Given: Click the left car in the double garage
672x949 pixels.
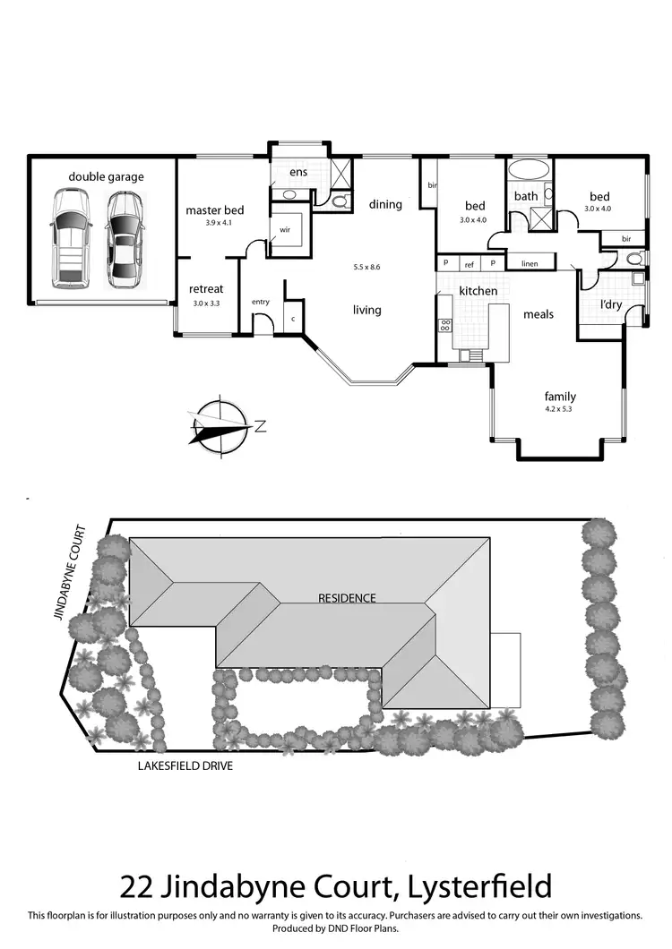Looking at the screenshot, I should click(x=69, y=239).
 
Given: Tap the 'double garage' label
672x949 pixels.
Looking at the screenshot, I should click(x=106, y=176).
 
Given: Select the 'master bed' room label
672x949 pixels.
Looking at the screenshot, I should click(x=214, y=210).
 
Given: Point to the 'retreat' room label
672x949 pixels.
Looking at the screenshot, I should click(x=206, y=289).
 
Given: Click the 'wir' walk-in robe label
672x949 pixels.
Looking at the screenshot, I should click(x=285, y=229).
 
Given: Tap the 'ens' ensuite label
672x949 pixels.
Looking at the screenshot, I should click(x=297, y=172).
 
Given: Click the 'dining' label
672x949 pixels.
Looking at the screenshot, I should click(x=385, y=204).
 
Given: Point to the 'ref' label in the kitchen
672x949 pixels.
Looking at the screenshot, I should click(x=469, y=264).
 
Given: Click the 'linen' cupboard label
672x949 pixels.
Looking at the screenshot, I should click(x=529, y=264).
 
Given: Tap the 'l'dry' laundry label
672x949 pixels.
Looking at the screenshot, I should click(x=611, y=305).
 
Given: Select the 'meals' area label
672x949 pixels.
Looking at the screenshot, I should click(x=538, y=314).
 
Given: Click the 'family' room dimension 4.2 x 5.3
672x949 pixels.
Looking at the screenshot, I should click(x=560, y=409).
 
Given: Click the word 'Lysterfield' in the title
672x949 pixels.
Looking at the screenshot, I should click(x=478, y=887).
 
